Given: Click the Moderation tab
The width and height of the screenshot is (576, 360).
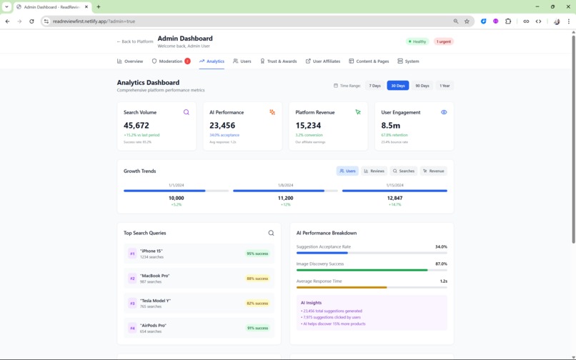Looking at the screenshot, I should tap(170, 61).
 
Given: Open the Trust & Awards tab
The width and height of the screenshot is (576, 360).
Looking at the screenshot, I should tap(278, 61).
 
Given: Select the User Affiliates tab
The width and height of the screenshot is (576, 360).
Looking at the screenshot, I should tap(322, 61).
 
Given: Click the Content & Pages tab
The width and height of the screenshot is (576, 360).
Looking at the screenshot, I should tap(369, 61).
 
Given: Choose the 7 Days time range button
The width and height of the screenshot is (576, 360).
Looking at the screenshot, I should tap(374, 86).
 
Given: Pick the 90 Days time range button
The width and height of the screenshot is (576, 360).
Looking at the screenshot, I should tap(422, 86).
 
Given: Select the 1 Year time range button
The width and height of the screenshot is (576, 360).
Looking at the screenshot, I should tap(445, 86).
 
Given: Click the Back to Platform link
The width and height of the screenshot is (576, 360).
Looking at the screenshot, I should tap(134, 41).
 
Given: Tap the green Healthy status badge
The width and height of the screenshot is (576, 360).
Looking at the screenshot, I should tap(417, 41).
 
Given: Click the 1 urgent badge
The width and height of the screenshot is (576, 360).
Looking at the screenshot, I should tap(444, 41).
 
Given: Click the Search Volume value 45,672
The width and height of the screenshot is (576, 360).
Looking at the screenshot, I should tap(136, 126).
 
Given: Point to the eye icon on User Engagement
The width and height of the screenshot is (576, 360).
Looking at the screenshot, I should tap(444, 112).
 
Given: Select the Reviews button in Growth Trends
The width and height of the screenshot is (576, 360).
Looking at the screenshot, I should tap(374, 171).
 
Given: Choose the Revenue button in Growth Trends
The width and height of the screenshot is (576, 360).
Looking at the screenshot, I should tap(433, 171).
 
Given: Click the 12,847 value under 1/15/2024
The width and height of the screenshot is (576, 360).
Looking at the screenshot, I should tap(394, 198).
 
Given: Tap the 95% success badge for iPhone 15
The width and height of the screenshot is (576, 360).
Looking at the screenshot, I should tap(257, 254).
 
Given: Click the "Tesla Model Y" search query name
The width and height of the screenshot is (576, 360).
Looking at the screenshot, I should tap(155, 301).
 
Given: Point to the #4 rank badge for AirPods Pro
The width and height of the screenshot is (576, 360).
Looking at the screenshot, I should tap(132, 328).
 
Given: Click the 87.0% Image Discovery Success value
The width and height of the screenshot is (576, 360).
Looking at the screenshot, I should tap(441, 264).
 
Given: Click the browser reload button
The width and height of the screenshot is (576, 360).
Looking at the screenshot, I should tap(31, 21).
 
